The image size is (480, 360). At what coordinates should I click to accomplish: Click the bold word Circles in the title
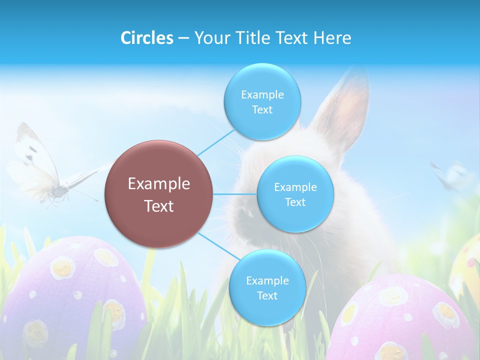point(146,38)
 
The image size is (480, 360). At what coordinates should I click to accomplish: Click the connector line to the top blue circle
point(215,142)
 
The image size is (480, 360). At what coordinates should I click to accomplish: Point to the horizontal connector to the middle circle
point(234,194)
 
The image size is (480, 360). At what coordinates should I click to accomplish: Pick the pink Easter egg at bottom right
point(405,320)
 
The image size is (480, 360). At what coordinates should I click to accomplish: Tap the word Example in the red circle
point(158,184)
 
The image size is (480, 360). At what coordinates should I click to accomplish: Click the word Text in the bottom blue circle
point(267,295)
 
